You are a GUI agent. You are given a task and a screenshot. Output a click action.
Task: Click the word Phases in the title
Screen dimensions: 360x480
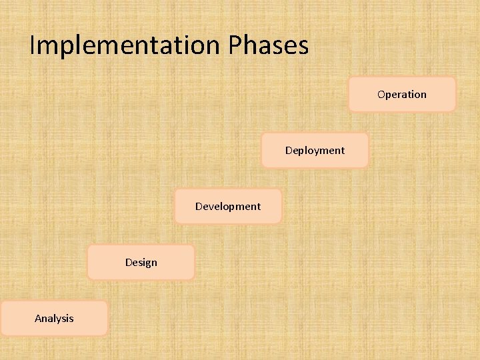(269, 45)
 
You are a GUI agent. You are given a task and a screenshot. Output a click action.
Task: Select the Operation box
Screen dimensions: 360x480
(402, 94)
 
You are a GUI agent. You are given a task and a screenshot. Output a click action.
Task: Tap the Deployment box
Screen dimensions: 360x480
(315, 150)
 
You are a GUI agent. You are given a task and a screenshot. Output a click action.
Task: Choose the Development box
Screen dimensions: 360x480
(228, 206)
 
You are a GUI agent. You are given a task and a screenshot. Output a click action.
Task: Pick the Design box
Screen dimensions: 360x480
(141, 262)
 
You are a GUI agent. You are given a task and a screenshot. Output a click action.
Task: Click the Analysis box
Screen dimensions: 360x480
(54, 318)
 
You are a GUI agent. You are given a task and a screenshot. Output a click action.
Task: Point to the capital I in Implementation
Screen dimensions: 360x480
(33, 45)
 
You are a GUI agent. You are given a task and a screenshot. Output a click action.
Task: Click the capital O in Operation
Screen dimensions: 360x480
(381, 94)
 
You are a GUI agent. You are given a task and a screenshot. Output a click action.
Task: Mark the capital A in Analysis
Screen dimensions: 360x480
(38, 318)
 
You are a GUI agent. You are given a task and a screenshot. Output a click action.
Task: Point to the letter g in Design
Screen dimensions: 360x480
(146, 263)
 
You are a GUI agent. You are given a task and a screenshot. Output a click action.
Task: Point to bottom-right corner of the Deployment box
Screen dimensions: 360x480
(367, 166)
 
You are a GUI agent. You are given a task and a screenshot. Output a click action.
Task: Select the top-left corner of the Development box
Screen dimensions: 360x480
(175, 190)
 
